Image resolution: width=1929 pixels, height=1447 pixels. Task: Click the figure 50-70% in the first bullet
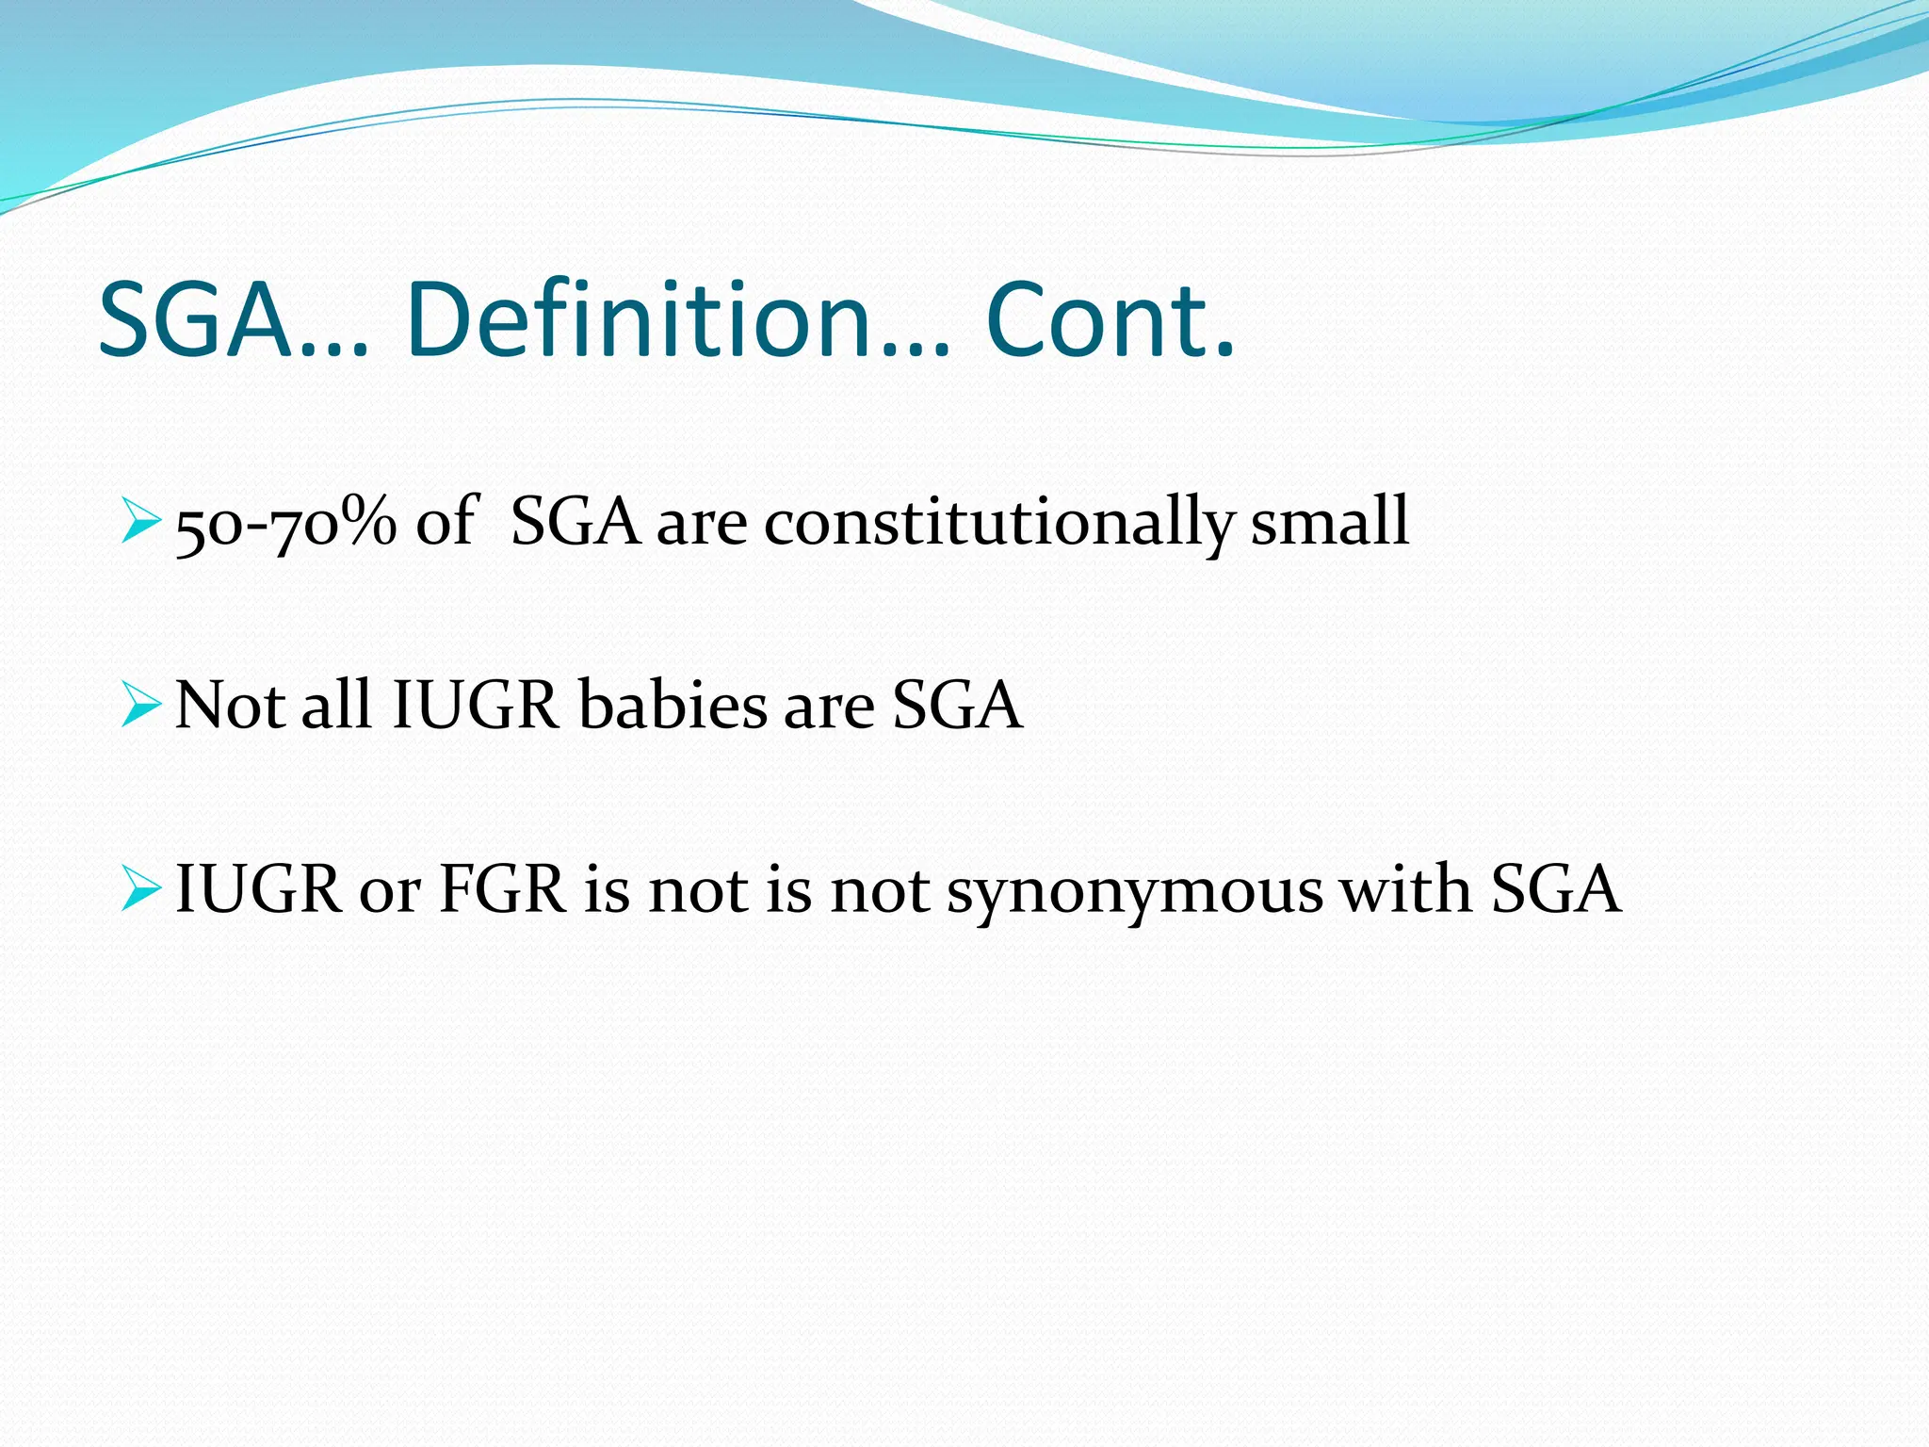tap(286, 522)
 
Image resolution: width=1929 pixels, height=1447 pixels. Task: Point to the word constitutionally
tap(997, 522)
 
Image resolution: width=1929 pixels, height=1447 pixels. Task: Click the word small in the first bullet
tap(1329, 522)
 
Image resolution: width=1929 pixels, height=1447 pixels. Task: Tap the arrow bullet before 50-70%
tap(142, 522)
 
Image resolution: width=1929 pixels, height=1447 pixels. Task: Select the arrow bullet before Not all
tap(142, 707)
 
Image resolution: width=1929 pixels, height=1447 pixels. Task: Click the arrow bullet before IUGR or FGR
tap(142, 890)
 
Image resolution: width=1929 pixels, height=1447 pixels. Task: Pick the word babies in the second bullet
tap(673, 706)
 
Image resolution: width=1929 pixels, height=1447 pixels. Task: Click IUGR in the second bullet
tap(476, 706)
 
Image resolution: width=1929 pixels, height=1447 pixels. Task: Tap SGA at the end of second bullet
tap(956, 706)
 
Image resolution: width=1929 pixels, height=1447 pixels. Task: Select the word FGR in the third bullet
tap(502, 889)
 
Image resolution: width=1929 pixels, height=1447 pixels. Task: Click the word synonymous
tap(1134, 891)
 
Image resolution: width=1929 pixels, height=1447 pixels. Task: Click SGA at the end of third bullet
tap(1555, 889)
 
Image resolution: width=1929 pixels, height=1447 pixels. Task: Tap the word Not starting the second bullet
tap(230, 706)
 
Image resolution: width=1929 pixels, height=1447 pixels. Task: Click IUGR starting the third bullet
tap(258, 889)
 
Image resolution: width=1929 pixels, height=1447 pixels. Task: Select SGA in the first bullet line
tap(575, 522)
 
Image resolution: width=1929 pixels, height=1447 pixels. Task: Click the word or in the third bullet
tap(389, 891)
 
